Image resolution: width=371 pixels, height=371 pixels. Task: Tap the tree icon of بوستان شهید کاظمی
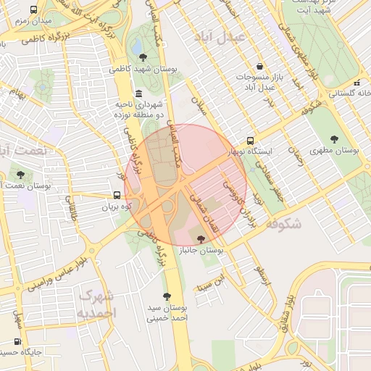coord(142,57)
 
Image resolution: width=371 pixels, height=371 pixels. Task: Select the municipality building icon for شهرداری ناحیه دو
coord(138,93)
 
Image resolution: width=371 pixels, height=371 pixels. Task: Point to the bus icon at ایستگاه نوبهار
coord(251,140)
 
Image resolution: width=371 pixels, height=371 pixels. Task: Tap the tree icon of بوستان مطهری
coord(334,138)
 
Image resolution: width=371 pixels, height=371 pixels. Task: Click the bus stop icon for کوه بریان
coord(117,195)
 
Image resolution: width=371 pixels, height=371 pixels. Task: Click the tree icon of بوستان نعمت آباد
coord(20,175)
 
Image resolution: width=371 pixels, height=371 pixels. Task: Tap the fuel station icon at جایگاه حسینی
coord(17,341)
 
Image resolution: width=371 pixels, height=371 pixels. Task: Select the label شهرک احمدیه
coord(96,304)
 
